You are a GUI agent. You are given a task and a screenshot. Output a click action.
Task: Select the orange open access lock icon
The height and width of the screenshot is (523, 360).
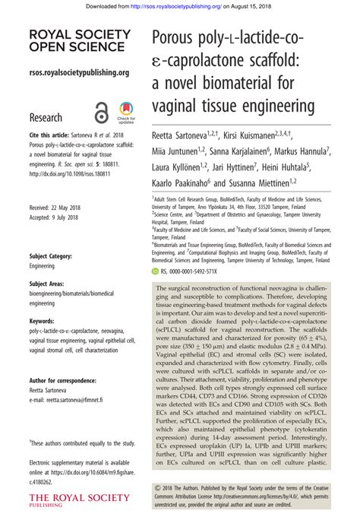[x=102, y=113]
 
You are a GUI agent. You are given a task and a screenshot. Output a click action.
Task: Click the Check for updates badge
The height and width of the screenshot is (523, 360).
[x=126, y=113]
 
